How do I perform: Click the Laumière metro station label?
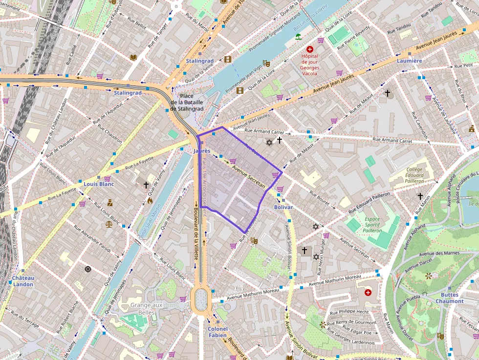click(409, 61)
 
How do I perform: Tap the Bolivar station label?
click(283, 207)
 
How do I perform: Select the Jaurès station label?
click(201, 151)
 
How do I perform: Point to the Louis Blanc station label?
click(98, 184)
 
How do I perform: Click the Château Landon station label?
click(23, 281)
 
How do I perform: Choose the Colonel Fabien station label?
click(218, 332)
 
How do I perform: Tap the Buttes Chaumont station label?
click(449, 298)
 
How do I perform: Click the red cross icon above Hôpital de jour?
click(310, 49)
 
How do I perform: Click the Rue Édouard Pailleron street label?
click(369, 203)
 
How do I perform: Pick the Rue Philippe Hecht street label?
click(349, 312)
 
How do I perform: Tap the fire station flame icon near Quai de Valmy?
click(150, 200)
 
